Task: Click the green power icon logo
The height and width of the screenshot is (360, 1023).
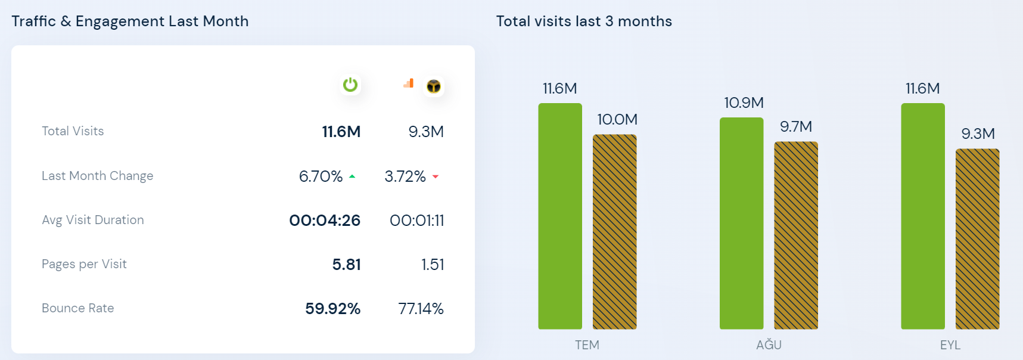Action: coord(350,85)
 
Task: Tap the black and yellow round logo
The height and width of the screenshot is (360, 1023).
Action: coord(434,86)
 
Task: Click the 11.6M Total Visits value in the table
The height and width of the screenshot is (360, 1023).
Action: coord(341,132)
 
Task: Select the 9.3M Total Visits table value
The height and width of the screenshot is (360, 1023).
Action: coord(426,132)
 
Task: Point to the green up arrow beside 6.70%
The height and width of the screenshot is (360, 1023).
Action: coord(352,176)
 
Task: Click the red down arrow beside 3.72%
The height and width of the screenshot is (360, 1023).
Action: coord(436,176)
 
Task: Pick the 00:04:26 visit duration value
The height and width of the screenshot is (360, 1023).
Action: coord(325,221)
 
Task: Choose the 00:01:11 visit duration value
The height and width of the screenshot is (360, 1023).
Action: coord(416,221)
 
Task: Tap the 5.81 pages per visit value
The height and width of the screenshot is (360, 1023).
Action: coord(346,265)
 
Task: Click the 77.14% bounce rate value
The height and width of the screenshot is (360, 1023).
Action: coord(421,309)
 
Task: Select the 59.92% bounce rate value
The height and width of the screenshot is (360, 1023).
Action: coord(332,309)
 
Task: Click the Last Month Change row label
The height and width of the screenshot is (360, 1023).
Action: coord(97,176)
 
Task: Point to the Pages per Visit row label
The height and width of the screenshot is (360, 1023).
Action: coord(84,264)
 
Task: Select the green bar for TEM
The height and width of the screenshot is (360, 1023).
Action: coord(560,216)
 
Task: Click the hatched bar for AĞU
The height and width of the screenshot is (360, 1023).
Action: coord(795,235)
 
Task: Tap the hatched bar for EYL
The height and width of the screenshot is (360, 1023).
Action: coord(977,238)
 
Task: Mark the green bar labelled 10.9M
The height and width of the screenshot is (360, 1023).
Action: coord(741,224)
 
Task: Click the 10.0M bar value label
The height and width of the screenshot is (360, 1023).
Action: coord(617,120)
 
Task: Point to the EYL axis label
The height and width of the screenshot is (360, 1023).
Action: coord(950,345)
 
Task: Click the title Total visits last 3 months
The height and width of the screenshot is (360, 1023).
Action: coord(584,21)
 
